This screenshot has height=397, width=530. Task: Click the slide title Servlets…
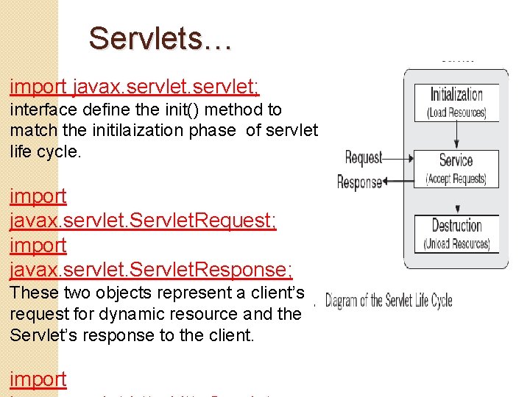[x=160, y=38]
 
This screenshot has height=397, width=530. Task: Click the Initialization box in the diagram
[x=456, y=102]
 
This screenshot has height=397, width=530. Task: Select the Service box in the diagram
[x=456, y=168]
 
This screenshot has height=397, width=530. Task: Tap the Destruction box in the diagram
[x=456, y=234]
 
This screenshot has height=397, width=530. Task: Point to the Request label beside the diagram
[x=364, y=157]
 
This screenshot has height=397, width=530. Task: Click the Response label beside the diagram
[x=359, y=182]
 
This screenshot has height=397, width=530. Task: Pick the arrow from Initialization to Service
[x=457, y=135]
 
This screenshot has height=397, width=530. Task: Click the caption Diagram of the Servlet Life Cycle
[x=389, y=300]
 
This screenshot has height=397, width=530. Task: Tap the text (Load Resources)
[x=456, y=112]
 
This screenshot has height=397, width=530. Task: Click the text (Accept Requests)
[x=456, y=179]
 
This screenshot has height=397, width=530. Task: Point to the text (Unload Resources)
[x=456, y=244]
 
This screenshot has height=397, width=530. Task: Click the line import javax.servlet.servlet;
[x=134, y=87]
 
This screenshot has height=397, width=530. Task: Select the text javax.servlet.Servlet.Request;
[x=144, y=221]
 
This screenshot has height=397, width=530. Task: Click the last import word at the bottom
[x=38, y=379]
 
